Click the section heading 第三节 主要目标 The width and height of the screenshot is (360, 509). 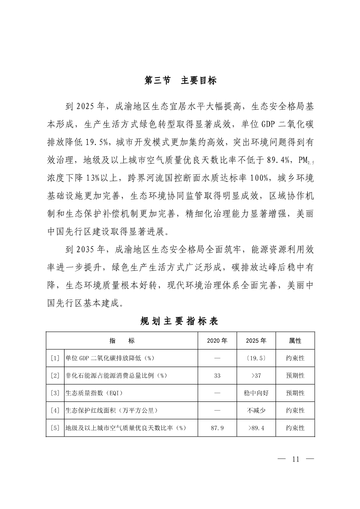180,81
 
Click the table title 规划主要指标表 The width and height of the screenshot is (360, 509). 179,321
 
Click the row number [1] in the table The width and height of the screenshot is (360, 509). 55,358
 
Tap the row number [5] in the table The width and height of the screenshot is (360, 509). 55,428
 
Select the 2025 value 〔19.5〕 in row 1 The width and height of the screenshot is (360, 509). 256,358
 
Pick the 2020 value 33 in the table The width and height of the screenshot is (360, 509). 217,375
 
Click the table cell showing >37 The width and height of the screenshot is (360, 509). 256,375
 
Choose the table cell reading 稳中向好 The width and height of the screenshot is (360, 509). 256,393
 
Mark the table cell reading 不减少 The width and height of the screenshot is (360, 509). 256,410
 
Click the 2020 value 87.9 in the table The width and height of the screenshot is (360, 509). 217,428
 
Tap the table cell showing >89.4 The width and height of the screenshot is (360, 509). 256,428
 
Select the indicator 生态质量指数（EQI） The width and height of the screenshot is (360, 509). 94,393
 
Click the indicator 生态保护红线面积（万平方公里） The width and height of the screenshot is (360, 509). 111,410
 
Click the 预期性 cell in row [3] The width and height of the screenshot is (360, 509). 295,393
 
